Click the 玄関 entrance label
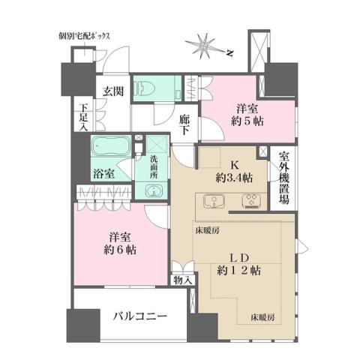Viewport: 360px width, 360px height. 113,91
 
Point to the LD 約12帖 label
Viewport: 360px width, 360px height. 238,262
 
